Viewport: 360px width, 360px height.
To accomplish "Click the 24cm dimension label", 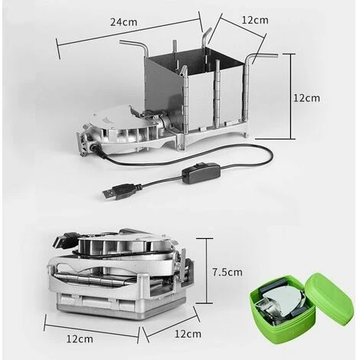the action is (124, 22).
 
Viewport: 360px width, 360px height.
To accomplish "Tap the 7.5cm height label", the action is (227, 272).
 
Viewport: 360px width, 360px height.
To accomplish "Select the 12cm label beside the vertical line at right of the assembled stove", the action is (306, 98).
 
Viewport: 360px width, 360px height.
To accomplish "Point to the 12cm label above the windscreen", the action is (255, 20).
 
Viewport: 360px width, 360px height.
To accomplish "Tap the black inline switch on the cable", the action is (201, 173).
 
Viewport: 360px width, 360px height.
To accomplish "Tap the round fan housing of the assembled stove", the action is (125, 128).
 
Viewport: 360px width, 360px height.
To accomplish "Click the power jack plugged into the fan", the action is (95, 147).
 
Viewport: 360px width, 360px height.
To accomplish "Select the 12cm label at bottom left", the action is (80, 339).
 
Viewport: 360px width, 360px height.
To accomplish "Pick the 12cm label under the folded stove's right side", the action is (188, 334).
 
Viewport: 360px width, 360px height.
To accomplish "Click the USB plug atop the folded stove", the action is (66, 240).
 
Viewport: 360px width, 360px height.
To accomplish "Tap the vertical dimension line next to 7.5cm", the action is (205, 270).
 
